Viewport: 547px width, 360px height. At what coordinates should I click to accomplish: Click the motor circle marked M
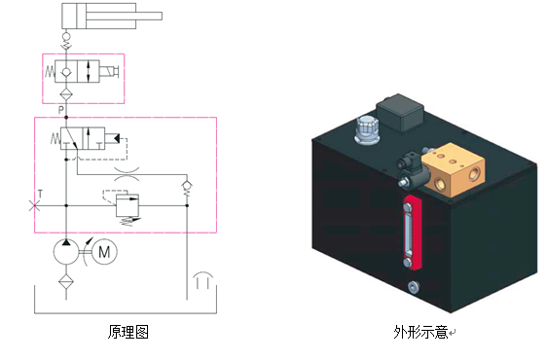click(104, 251)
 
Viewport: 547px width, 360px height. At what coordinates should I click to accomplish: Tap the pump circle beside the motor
click(66, 251)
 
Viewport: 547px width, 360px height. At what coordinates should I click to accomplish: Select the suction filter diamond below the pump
click(66, 281)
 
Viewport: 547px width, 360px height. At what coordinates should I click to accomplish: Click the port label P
click(61, 110)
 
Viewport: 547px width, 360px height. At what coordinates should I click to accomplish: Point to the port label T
click(40, 194)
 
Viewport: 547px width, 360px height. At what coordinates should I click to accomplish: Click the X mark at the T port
click(34, 206)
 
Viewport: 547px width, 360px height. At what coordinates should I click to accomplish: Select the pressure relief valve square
click(128, 205)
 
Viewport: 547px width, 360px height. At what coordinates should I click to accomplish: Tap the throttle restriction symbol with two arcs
click(127, 174)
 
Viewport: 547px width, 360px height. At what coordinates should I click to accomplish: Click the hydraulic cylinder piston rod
click(125, 16)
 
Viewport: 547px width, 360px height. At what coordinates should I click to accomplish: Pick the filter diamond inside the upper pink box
click(65, 94)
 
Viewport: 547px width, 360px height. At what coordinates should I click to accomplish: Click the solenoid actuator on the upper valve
click(109, 71)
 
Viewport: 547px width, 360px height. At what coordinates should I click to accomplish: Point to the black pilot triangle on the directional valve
click(117, 138)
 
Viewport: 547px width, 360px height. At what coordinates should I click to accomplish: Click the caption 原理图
click(128, 332)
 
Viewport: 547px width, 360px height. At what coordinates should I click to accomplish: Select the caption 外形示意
click(420, 332)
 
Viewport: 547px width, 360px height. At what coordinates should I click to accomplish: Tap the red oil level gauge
click(413, 233)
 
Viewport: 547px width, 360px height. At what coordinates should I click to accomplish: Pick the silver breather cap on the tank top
click(367, 130)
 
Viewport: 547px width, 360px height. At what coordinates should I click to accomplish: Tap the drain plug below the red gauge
click(414, 287)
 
